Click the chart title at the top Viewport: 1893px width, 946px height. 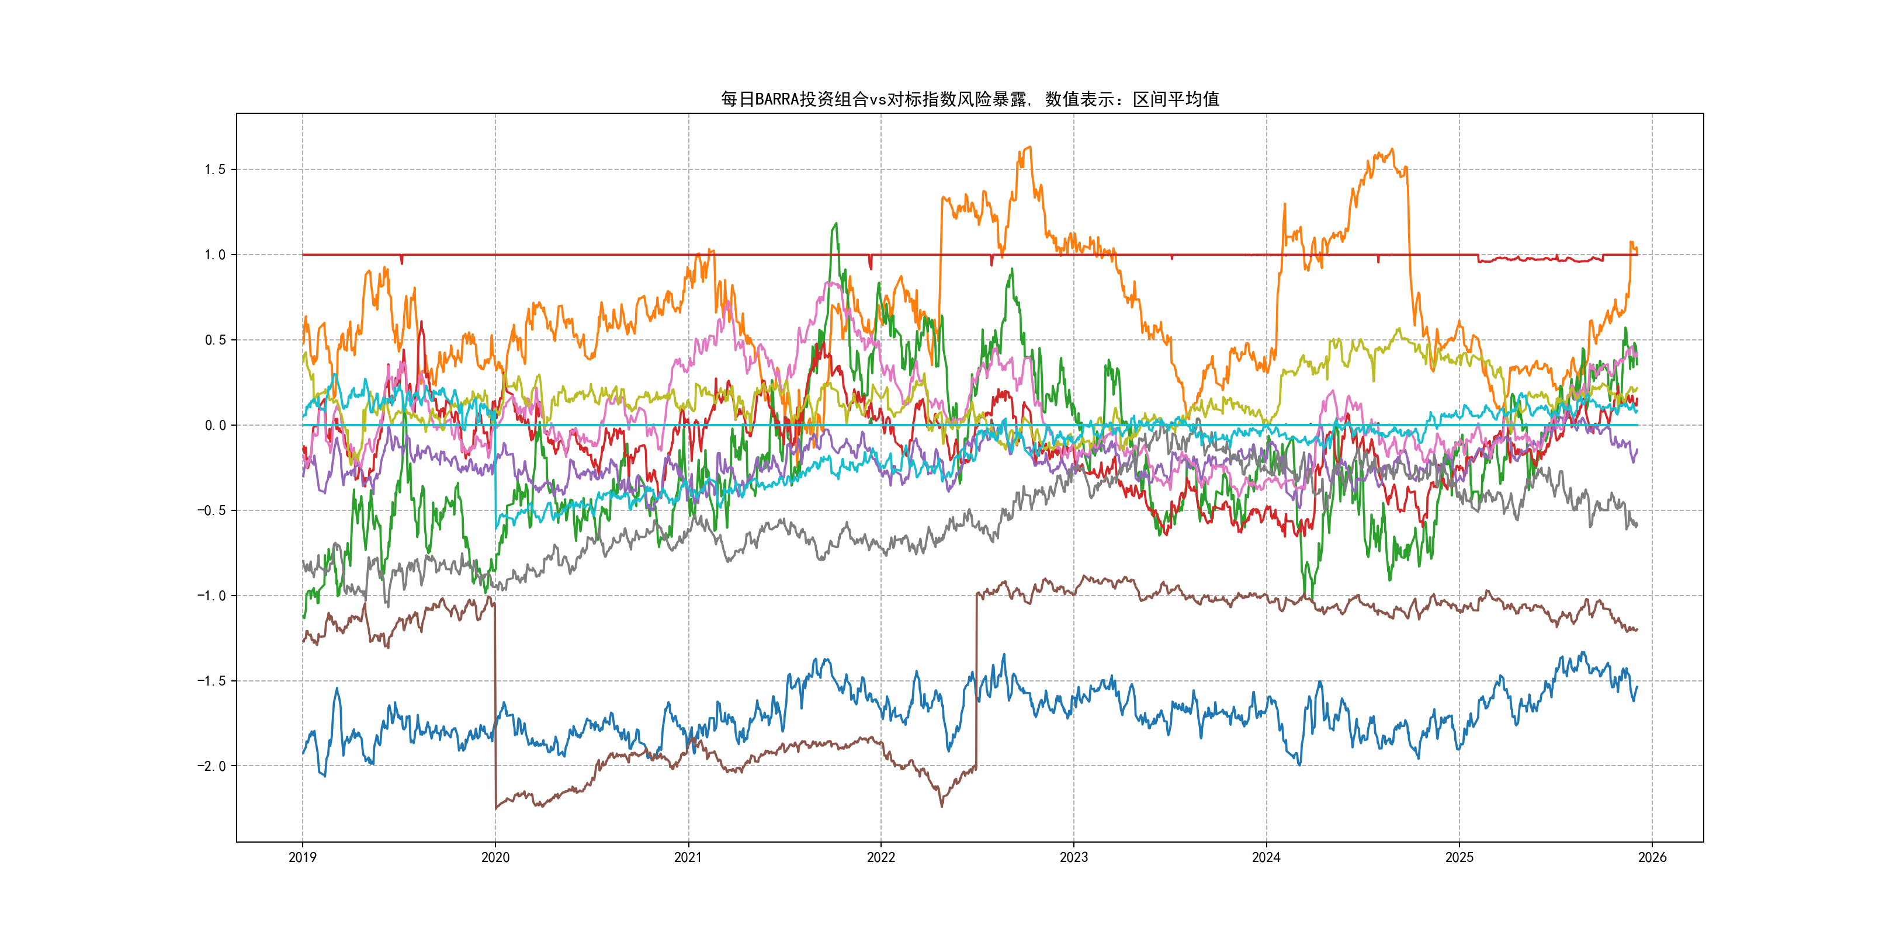(x=969, y=99)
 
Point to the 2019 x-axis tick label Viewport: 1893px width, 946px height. (x=302, y=857)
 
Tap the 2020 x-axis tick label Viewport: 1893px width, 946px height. (x=495, y=857)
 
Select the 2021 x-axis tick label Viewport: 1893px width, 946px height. (x=688, y=857)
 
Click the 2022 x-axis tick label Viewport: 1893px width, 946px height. (x=880, y=857)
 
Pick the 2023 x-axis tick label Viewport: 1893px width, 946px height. (x=1074, y=857)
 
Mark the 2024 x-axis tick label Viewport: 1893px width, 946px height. (x=1266, y=857)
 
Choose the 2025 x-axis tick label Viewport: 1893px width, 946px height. (x=1459, y=857)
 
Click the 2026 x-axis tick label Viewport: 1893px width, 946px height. (x=1652, y=857)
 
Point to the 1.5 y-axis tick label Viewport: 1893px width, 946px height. (x=216, y=170)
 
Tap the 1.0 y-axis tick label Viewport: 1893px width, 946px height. (x=216, y=255)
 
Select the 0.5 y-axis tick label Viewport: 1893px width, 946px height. (x=216, y=340)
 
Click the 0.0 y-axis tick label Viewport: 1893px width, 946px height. (x=216, y=425)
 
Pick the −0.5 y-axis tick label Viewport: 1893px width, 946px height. (x=212, y=510)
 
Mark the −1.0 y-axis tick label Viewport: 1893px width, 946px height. (x=212, y=596)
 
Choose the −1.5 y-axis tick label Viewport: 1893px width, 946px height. (x=212, y=681)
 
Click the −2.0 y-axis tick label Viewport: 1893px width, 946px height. (x=212, y=766)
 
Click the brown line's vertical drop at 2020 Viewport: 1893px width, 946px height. (x=495, y=705)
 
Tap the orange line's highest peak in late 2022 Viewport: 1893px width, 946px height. (x=1029, y=148)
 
